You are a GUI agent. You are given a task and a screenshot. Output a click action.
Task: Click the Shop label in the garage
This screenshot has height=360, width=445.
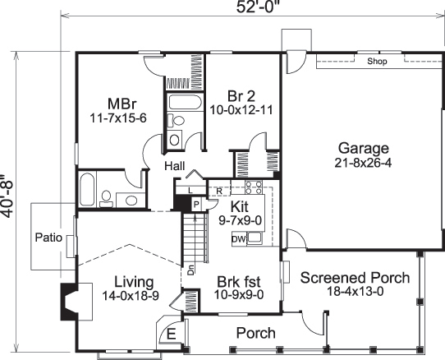(376, 62)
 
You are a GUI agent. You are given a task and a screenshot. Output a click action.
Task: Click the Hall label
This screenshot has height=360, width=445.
(173, 166)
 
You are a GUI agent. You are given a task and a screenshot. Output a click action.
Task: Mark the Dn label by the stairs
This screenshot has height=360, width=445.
(190, 268)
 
